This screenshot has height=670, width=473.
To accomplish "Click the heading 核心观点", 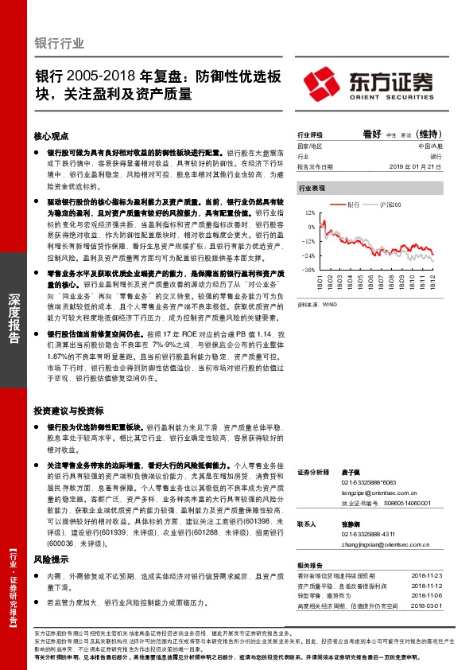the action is click(52, 137).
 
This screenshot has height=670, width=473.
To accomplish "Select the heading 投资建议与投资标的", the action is click(68, 411).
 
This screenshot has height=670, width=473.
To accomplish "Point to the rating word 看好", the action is click(372, 134).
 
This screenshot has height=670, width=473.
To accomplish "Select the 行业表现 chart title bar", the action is click(312, 189).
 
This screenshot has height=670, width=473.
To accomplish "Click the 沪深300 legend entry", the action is click(389, 205).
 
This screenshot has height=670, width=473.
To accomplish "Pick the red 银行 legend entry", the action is click(351, 205).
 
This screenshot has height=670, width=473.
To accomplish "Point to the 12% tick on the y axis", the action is click(309, 213).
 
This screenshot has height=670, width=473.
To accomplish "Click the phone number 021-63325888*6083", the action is click(369, 482).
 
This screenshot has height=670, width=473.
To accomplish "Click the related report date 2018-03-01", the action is click(428, 606).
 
